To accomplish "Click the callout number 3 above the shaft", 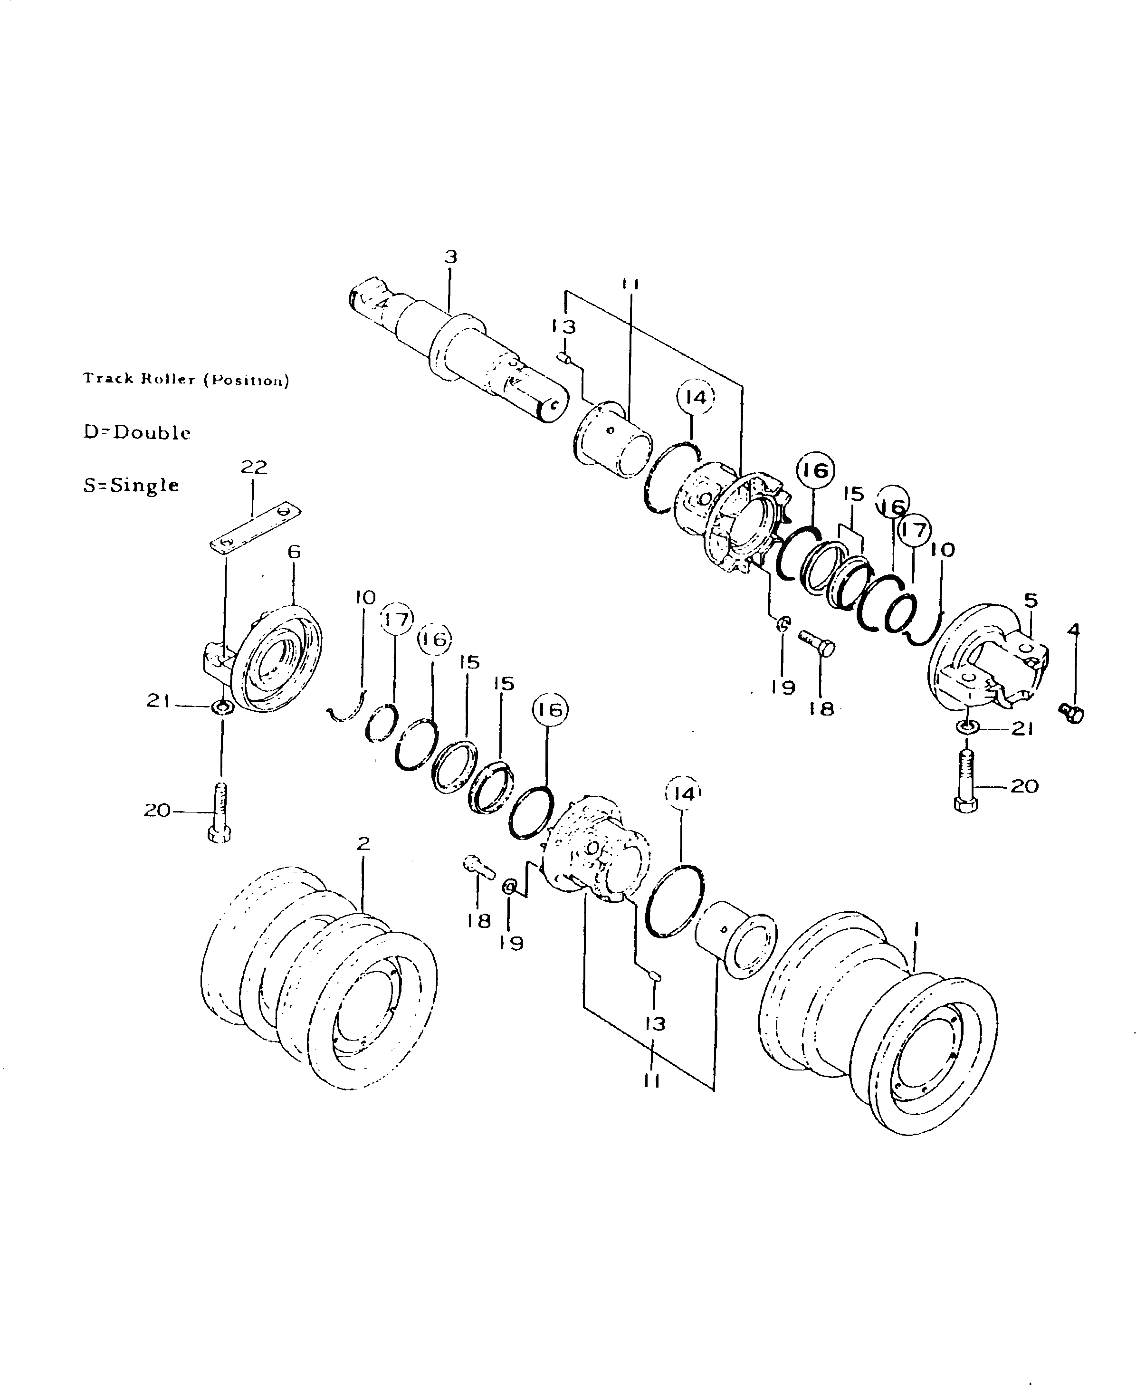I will tap(450, 257).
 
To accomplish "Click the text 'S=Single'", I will tap(131, 486).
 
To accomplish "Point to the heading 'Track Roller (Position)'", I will tap(186, 380).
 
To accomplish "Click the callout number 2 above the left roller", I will tap(364, 843).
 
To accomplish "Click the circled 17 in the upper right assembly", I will tap(914, 529).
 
